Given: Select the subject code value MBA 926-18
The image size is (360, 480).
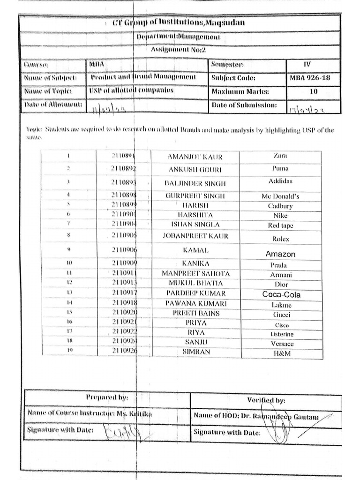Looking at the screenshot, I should (310, 78).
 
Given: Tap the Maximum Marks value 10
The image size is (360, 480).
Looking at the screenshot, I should (314, 92).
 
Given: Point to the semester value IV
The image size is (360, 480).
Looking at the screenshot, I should (307, 65).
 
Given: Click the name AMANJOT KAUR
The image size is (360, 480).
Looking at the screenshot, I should (195, 157).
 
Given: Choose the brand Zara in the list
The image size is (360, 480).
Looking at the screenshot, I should (280, 155).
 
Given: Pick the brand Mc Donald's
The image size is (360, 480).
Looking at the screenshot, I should (280, 196).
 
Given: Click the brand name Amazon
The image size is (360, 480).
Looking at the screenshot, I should (280, 254).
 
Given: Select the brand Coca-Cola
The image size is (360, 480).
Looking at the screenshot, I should (281, 294).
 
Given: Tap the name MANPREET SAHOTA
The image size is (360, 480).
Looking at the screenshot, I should (196, 274).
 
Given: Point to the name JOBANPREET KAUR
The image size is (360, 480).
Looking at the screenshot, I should (195, 236).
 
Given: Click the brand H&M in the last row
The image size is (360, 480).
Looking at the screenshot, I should (282, 353).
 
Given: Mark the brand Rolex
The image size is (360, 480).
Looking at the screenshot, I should (281, 239).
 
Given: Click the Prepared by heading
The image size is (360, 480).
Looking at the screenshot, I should (107, 397).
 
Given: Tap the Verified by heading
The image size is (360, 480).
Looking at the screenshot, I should (266, 400).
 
